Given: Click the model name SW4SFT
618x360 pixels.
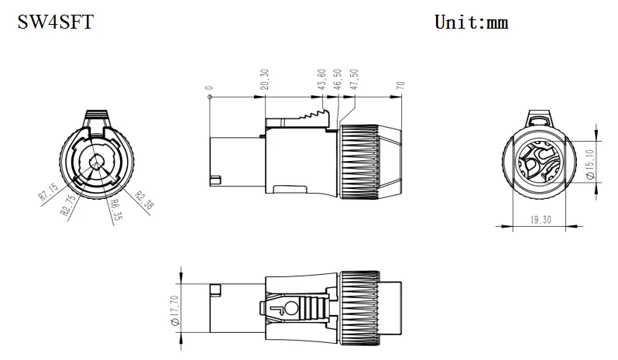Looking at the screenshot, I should [x=56, y=22].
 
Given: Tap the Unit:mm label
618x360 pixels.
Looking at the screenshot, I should [x=471, y=22].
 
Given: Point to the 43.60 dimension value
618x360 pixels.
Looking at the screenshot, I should [x=321, y=81].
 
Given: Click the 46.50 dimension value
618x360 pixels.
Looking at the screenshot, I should [x=338, y=81].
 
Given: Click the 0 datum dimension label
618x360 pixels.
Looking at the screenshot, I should [x=209, y=88].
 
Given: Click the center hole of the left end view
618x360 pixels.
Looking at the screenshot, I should [x=94, y=162].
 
